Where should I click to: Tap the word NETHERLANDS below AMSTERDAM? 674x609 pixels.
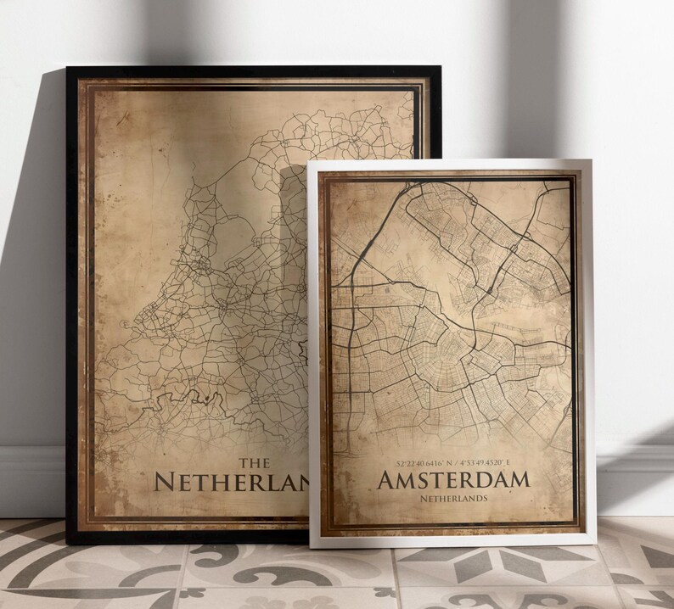tap(452, 499)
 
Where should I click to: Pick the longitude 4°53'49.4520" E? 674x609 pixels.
tap(486, 464)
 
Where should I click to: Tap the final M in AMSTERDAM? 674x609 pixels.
tap(517, 480)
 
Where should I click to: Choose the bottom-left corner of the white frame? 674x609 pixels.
tap(312, 546)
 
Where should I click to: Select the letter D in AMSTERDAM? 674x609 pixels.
tap(472, 480)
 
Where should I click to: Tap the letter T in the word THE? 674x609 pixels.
tap(242, 462)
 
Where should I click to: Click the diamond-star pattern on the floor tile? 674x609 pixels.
tap(510, 564)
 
